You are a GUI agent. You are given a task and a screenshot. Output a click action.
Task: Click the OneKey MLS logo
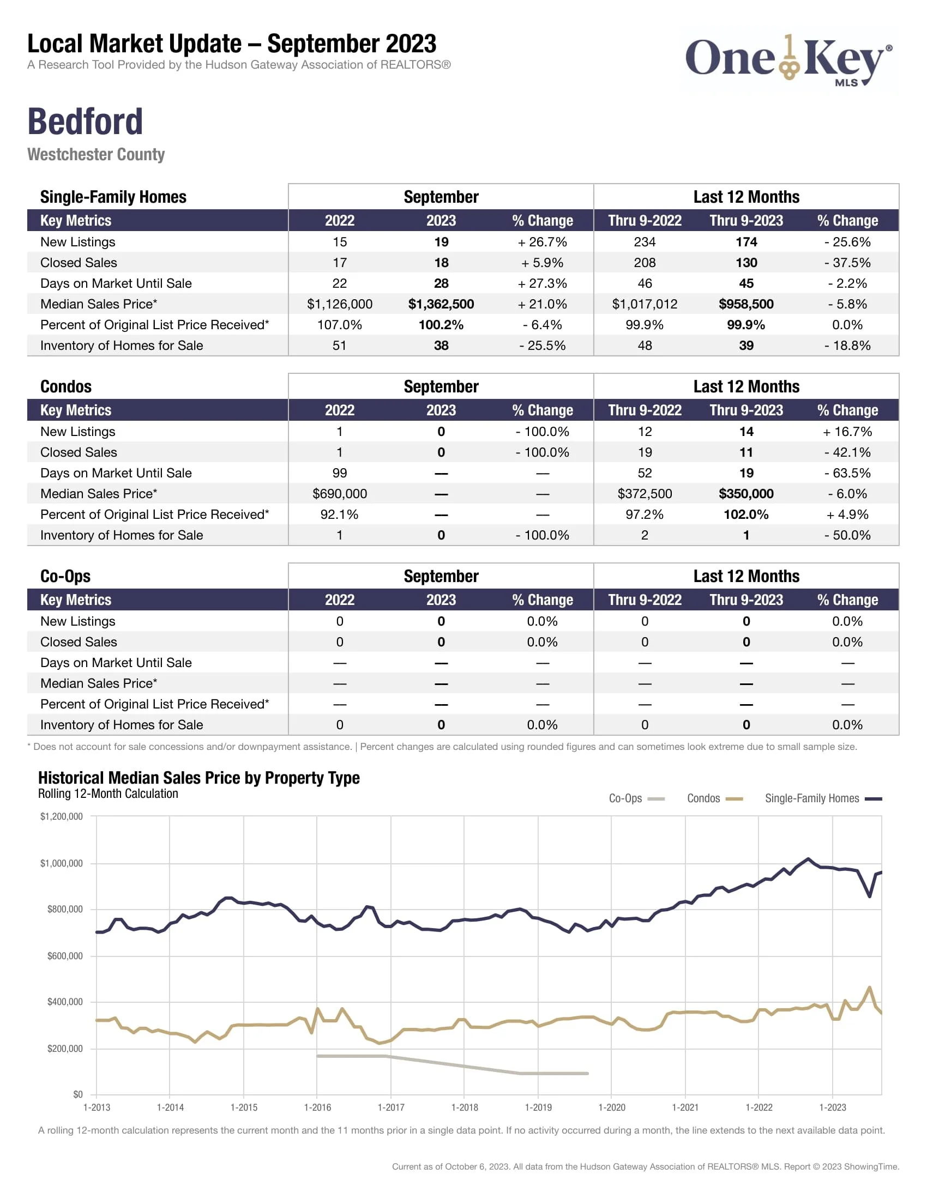pyautogui.click(x=788, y=60)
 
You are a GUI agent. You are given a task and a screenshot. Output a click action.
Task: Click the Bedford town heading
pyautogui.click(x=85, y=122)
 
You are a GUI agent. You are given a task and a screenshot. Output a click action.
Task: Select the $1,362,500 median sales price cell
pyautogui.click(x=441, y=304)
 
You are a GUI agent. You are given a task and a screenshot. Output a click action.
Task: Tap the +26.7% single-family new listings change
pyautogui.click(x=542, y=242)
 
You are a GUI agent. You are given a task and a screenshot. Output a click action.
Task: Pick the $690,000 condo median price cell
pyautogui.click(x=339, y=494)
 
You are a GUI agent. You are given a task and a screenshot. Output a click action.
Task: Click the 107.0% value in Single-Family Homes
pyautogui.click(x=339, y=325)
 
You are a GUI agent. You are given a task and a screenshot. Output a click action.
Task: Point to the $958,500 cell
pyautogui.click(x=746, y=304)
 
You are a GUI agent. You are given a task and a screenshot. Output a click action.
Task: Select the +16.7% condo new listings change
pyautogui.click(x=847, y=432)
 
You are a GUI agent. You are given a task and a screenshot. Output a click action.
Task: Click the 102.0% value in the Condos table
pyautogui.click(x=746, y=514)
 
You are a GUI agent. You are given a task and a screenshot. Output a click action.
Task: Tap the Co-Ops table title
pyautogui.click(x=65, y=576)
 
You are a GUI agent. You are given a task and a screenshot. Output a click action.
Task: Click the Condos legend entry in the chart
pyautogui.click(x=714, y=798)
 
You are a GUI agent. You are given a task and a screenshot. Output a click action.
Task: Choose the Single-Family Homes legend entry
pyautogui.click(x=823, y=798)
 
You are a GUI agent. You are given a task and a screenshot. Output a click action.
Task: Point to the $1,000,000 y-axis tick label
pyautogui.click(x=62, y=864)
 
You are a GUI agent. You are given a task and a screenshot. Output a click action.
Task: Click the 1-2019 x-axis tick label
pyautogui.click(x=538, y=1107)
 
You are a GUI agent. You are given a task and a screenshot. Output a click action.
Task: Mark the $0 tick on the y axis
pyautogui.click(x=78, y=1094)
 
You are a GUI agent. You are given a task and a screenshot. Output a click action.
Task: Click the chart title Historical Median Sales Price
pyautogui.click(x=199, y=778)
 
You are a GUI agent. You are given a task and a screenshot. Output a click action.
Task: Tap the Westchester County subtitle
pyautogui.click(x=96, y=154)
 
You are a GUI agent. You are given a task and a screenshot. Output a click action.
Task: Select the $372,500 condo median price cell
pyautogui.click(x=645, y=494)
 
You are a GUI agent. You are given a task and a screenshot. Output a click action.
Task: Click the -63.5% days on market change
pyautogui.click(x=847, y=473)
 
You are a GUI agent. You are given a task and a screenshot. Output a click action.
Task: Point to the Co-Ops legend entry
pyautogui.click(x=636, y=798)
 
